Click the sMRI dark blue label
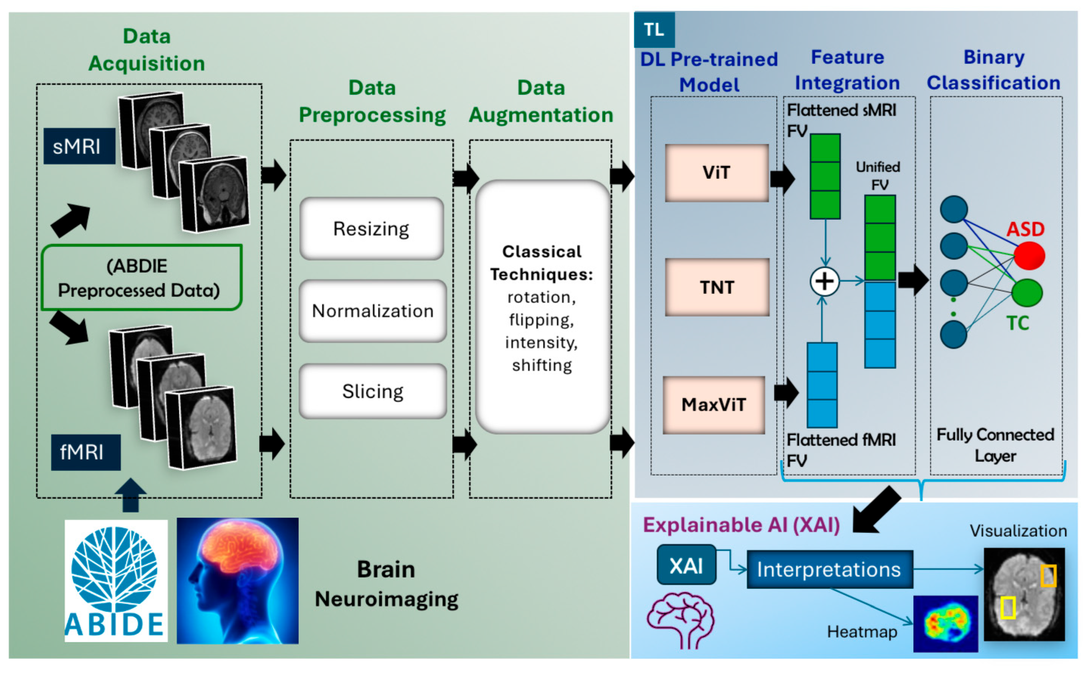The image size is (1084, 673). pos(79,146)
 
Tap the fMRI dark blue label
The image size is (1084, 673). pos(85,452)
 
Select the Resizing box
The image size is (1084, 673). pos(371,229)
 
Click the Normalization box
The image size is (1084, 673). pos(372,311)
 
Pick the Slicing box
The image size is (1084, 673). pos(372,391)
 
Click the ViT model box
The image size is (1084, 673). pos(717,173)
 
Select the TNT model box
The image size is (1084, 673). pos(717,287)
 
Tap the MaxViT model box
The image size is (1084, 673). pos(713,405)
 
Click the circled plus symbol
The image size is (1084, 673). pos(824,281)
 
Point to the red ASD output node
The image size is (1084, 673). pos(1029,256)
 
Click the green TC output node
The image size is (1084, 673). pos(1026,293)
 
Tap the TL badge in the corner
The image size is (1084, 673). pos(654,30)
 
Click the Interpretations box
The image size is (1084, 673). pos(829,569)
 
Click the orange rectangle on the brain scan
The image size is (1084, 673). pos(1048,575)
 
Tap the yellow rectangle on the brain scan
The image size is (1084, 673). pos(1008,608)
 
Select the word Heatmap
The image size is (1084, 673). pos(862,632)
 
